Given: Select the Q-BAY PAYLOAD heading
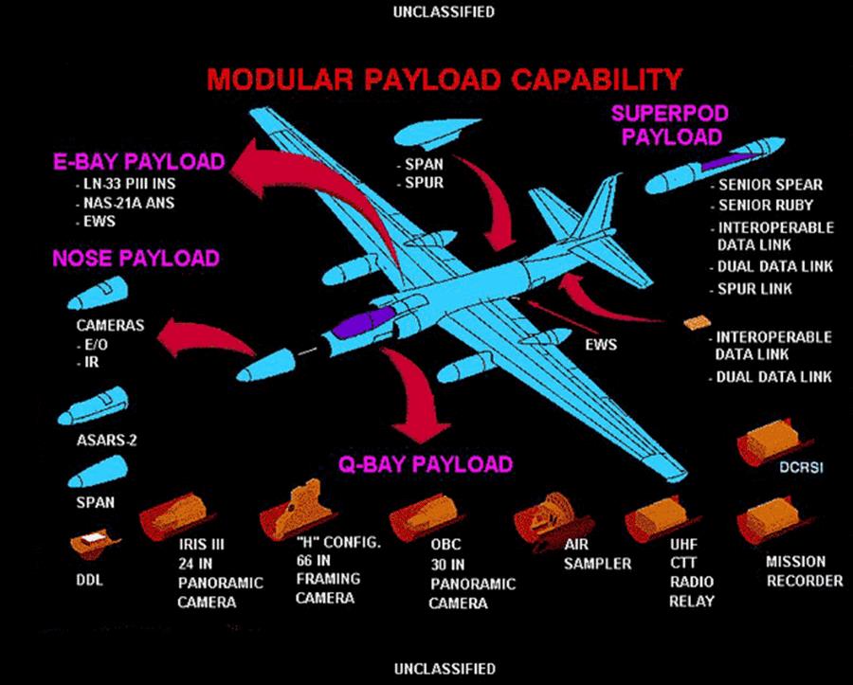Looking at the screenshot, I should pos(426,464).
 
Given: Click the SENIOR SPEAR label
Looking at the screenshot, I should pos(770,185).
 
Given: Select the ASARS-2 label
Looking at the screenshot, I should pos(99,441).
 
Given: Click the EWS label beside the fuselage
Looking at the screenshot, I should pos(601,344).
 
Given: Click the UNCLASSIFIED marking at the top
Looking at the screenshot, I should pos(429,11).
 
